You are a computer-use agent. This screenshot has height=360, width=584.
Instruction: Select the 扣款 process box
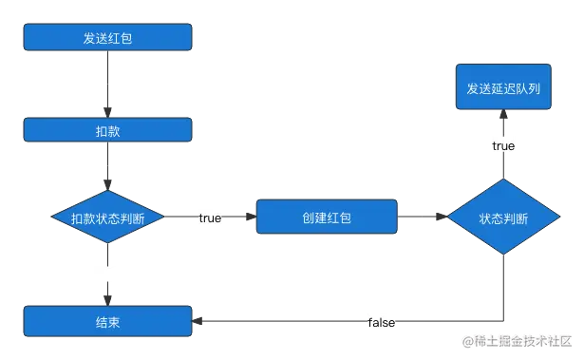point(108,129)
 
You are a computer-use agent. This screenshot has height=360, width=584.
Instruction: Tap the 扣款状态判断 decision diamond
point(108,218)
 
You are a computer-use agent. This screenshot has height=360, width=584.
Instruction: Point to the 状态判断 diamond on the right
point(503,218)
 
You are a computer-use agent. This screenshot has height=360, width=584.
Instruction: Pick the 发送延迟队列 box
point(503,87)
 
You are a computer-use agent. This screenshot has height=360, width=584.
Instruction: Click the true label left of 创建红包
point(209,218)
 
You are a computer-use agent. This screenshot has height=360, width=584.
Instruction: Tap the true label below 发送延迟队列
point(502,145)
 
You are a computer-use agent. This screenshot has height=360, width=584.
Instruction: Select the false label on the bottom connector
point(382,323)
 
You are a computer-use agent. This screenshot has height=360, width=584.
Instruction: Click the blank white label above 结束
point(106,277)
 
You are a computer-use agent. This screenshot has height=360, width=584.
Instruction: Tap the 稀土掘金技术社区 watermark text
point(517,339)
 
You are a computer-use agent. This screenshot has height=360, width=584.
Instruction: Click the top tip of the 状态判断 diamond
point(503,178)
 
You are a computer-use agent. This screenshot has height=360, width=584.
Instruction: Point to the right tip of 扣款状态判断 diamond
point(162,218)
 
